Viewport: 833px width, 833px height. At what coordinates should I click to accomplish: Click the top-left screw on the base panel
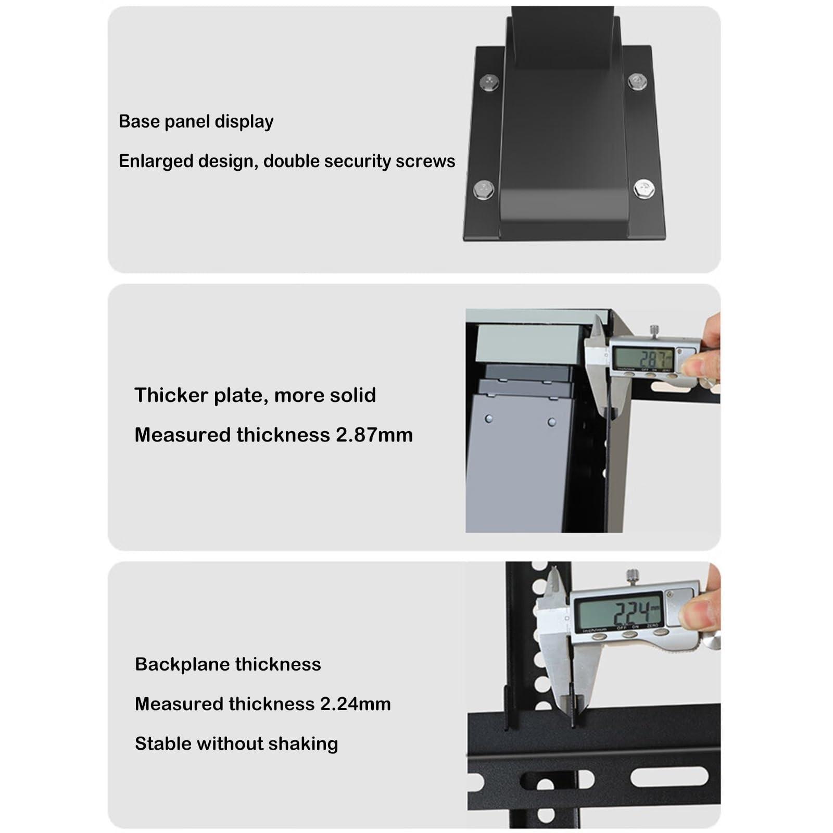pyautogui.click(x=489, y=81)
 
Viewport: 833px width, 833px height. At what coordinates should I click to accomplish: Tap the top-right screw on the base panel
pyautogui.click(x=636, y=81)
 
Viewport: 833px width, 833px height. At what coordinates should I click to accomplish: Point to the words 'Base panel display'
pyautogui.click(x=196, y=121)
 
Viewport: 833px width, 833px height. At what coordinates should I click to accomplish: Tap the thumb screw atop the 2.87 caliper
pyautogui.click(x=654, y=330)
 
